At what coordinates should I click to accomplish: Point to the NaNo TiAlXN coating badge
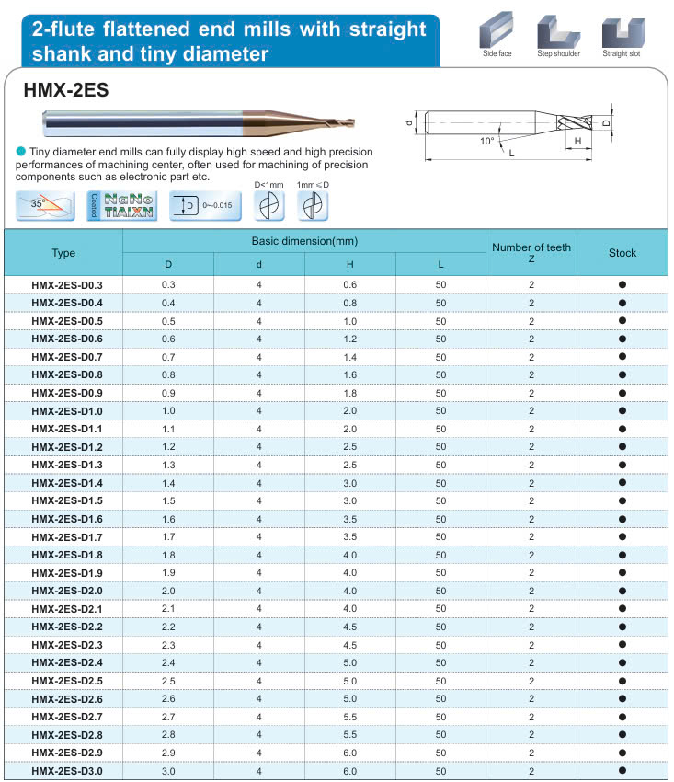click(122, 204)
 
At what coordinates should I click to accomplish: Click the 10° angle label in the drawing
click(486, 141)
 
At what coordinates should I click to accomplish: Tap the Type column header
click(64, 253)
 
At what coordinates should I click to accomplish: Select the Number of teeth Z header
click(531, 252)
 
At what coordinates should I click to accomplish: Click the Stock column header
click(623, 253)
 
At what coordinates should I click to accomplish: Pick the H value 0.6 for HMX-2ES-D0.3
click(350, 285)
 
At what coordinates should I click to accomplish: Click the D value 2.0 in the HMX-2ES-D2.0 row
click(168, 591)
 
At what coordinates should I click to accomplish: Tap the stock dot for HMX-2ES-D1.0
click(623, 410)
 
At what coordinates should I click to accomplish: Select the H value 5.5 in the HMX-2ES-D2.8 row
click(350, 735)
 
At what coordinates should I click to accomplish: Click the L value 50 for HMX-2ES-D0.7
click(441, 357)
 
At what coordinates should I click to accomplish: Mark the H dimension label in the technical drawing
click(577, 141)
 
